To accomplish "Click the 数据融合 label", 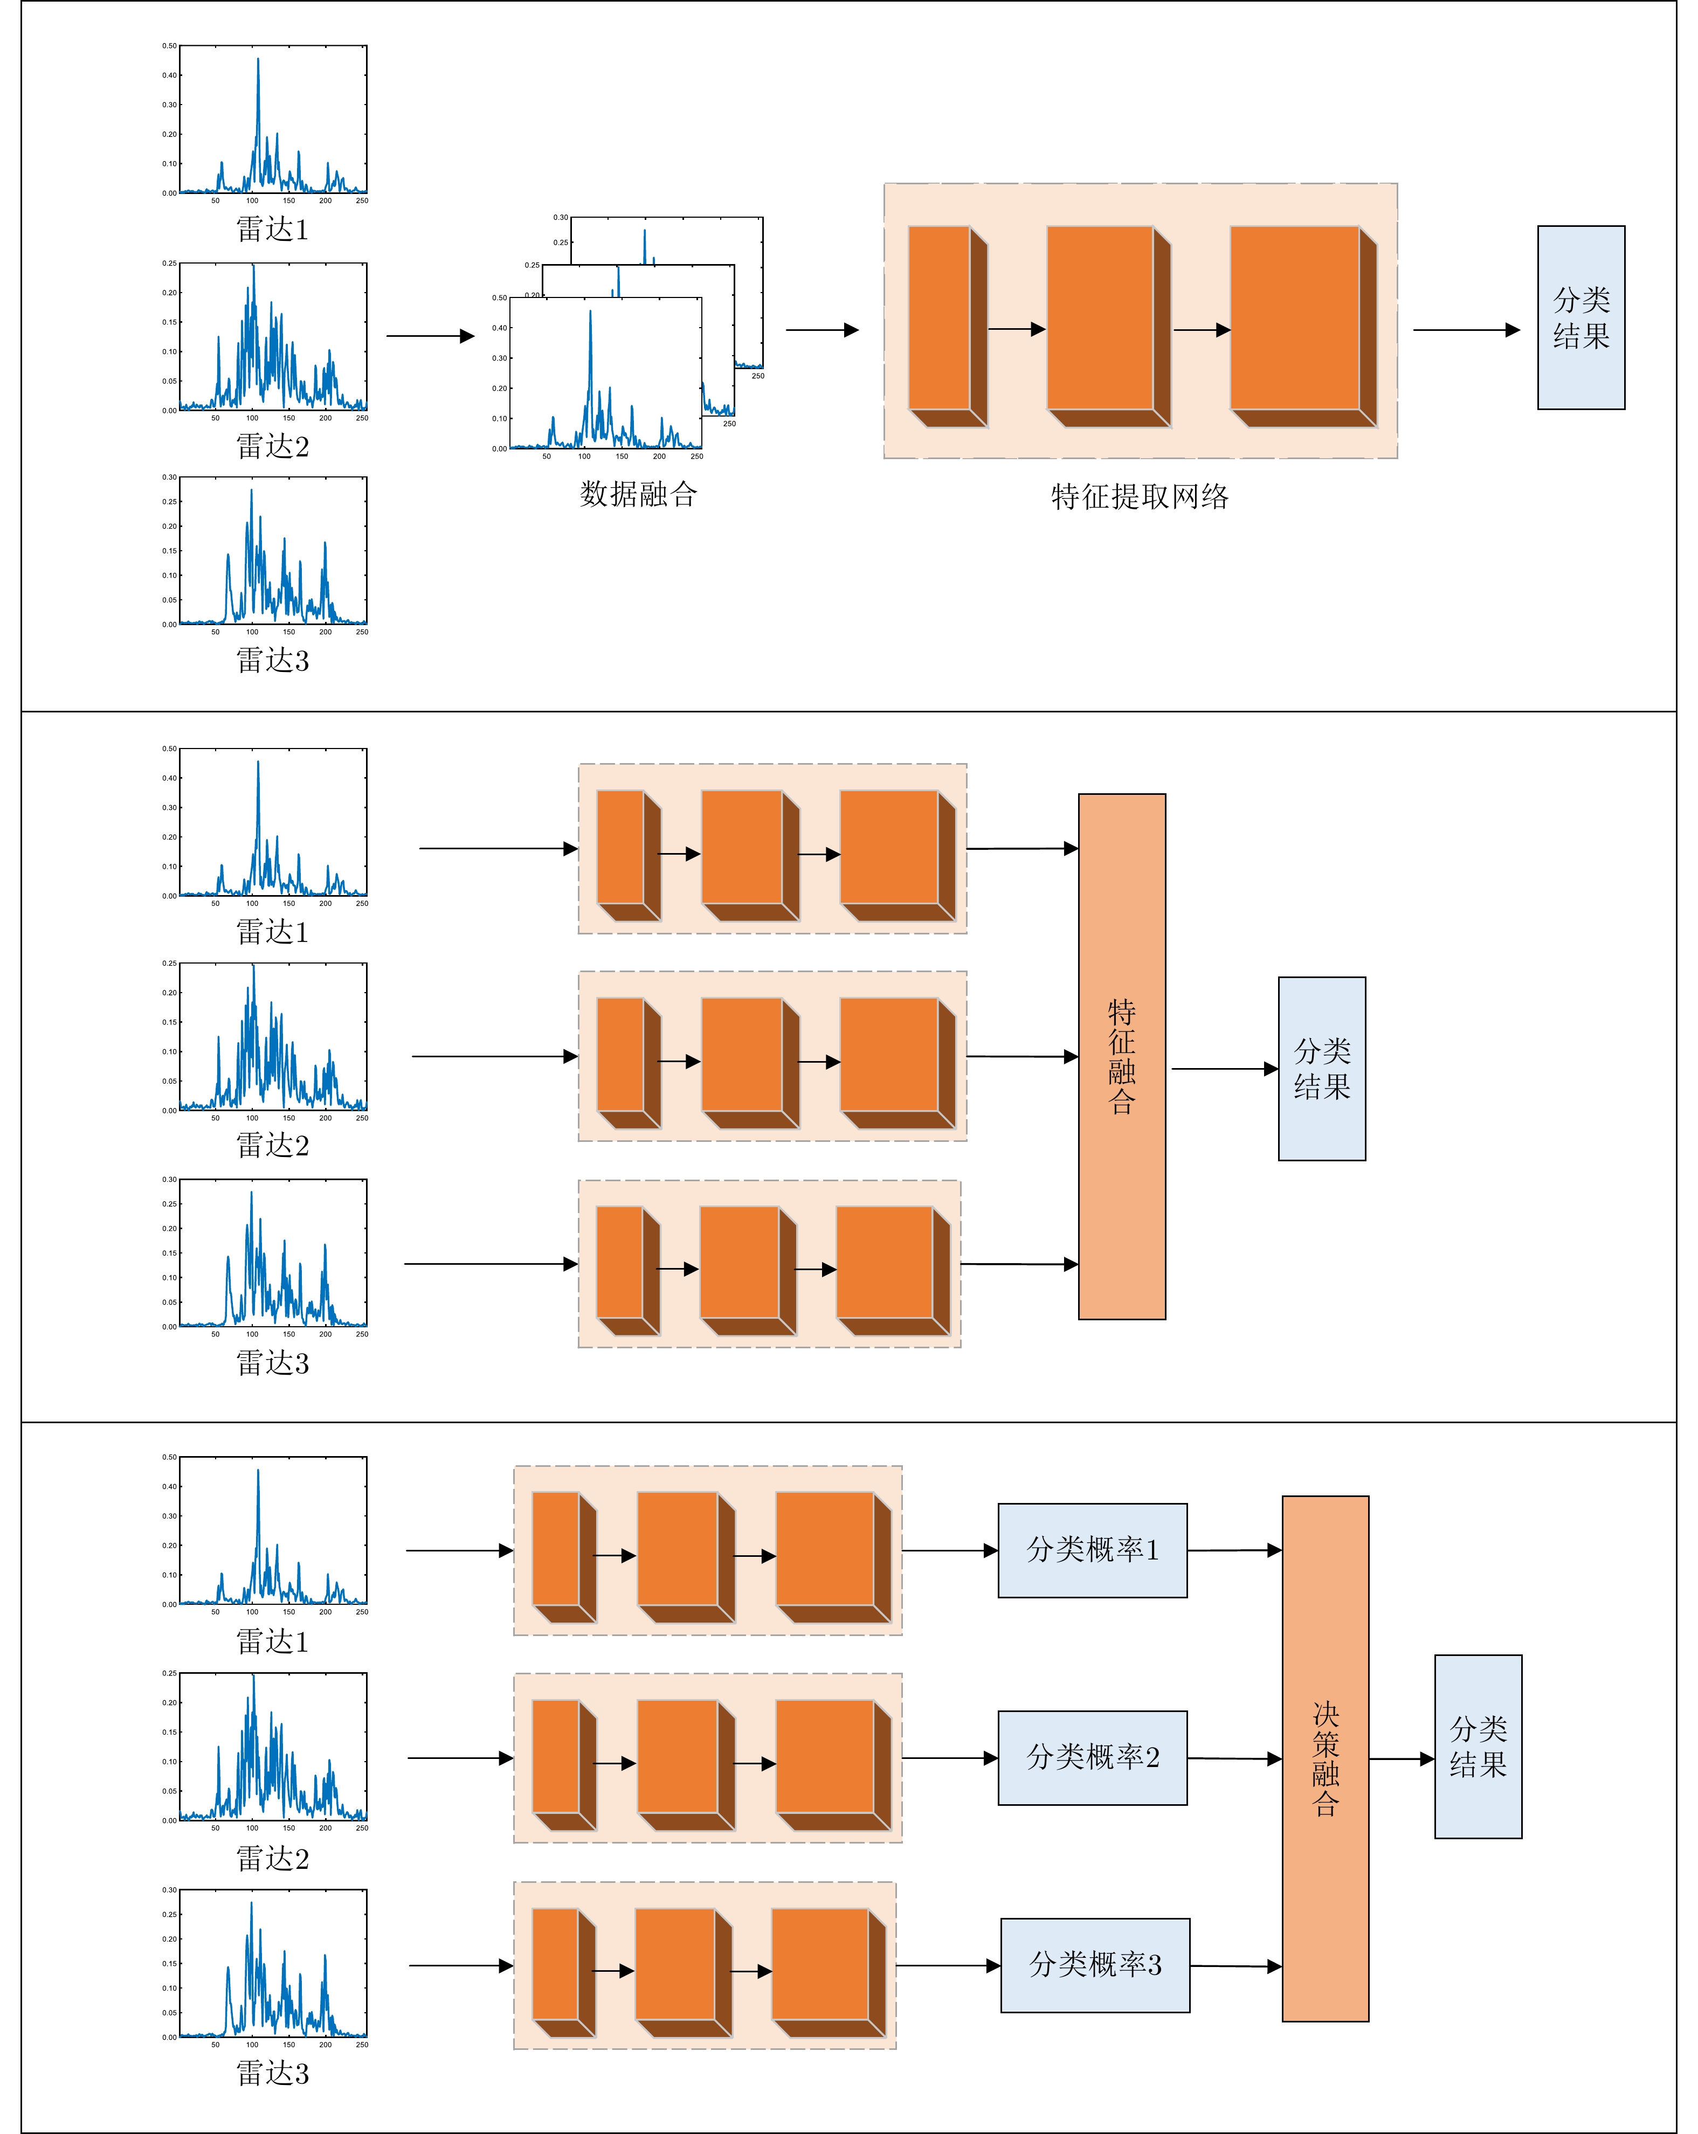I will [x=639, y=494].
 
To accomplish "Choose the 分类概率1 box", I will [x=1092, y=1550].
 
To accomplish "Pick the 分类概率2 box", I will [x=1092, y=1758].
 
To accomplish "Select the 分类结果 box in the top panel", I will [x=1580, y=318].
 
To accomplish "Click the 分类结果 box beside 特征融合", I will [x=1322, y=1069].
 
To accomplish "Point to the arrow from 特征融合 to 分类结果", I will [x=1224, y=1069].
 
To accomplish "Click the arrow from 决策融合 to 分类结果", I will [x=1401, y=1759].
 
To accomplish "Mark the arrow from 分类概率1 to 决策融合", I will [x=1234, y=1550].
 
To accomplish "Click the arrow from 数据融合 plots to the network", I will [x=822, y=330].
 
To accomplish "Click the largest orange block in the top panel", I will [x=1295, y=318].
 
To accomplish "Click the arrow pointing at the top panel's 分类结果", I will [x=1465, y=330].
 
